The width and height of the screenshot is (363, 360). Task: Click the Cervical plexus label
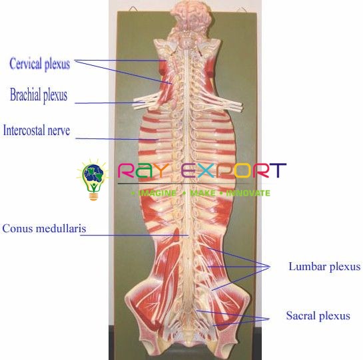pos(39,64)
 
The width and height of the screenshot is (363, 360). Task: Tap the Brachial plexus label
pos(39,95)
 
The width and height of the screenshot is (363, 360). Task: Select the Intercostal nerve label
pos(37,130)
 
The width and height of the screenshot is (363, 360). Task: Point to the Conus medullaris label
pos(44,228)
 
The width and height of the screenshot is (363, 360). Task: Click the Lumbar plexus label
pos(324,267)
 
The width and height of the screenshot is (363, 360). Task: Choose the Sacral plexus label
pos(318,315)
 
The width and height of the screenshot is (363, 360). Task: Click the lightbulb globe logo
pos(93,180)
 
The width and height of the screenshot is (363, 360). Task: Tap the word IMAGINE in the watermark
pos(157,193)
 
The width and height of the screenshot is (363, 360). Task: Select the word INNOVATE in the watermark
pos(248,193)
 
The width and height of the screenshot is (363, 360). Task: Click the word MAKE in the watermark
pos(202,193)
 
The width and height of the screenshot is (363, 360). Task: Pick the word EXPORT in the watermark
pos(234,170)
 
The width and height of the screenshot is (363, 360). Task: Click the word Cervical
pos(26,63)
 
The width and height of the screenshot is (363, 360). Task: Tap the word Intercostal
pos(23,130)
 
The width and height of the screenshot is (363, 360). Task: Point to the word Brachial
pos(25,94)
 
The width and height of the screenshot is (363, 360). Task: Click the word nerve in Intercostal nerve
pos(59,131)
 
